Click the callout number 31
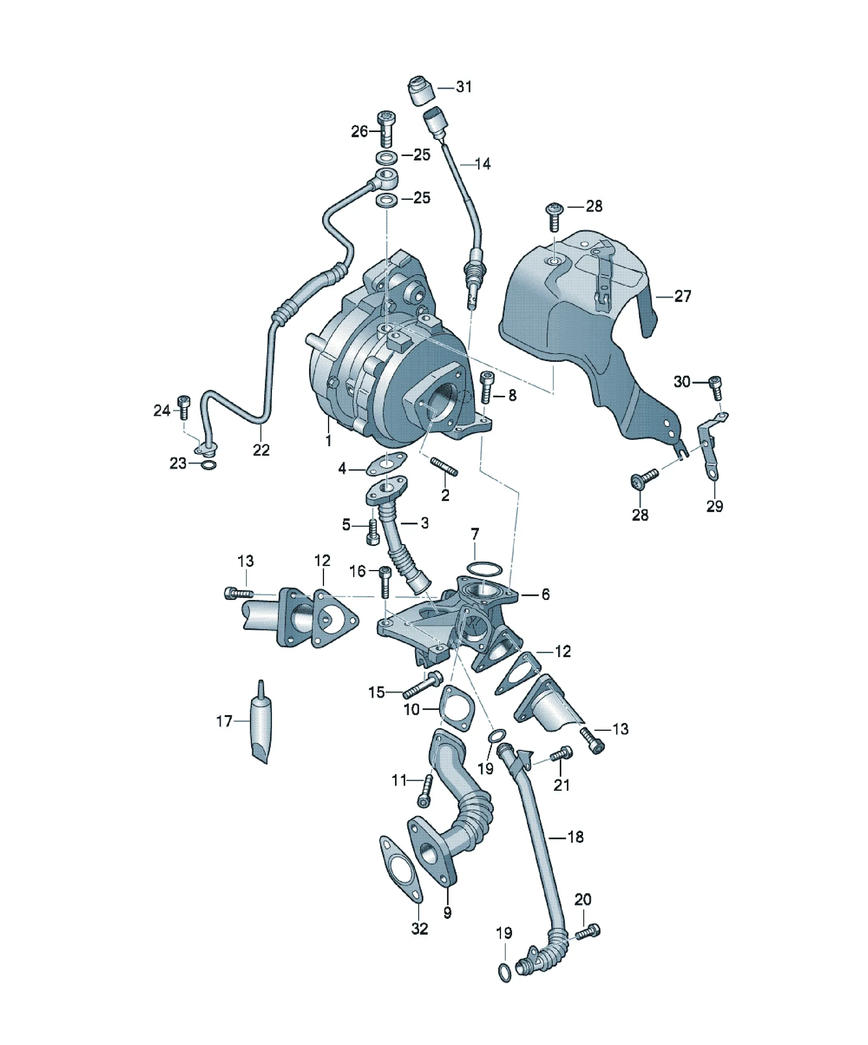pyautogui.click(x=464, y=87)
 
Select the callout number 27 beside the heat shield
pyautogui.click(x=682, y=296)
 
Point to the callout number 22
pyautogui.click(x=261, y=450)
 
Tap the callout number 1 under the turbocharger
pyautogui.click(x=328, y=440)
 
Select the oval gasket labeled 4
pyautogui.click(x=386, y=463)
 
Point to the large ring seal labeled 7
pyautogui.click(x=484, y=568)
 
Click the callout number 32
pyautogui.click(x=419, y=929)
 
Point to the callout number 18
pyautogui.click(x=576, y=837)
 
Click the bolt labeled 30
pyautogui.click(x=715, y=387)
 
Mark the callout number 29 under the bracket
pyautogui.click(x=714, y=506)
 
